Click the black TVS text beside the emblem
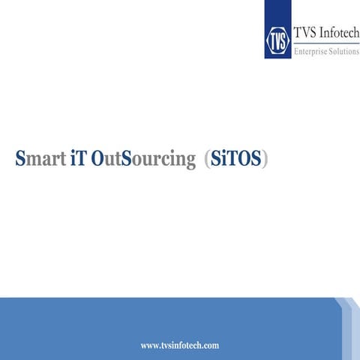click(303, 34)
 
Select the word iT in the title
click(77, 160)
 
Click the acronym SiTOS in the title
click(235, 160)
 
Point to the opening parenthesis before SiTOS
click(206, 160)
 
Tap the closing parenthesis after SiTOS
click(265, 160)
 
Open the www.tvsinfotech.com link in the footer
click(180, 345)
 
